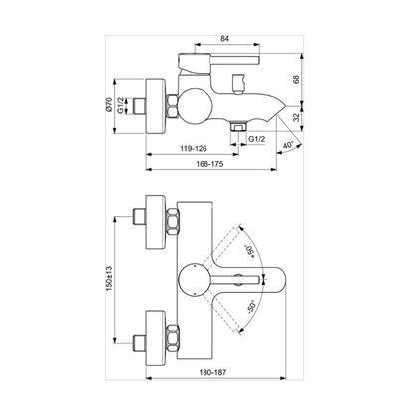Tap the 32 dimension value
pos(325,117)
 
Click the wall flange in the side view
pos(156,103)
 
